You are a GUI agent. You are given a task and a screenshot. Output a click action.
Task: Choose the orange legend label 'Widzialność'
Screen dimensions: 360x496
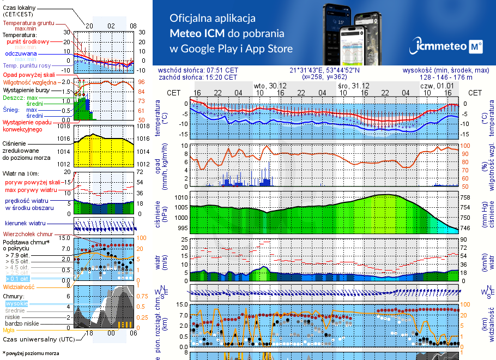(x=19, y=286)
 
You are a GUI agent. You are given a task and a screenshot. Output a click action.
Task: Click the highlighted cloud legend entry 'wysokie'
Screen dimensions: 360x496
(x=16, y=303)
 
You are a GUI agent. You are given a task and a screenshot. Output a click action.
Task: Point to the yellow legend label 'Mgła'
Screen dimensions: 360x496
(x=9, y=329)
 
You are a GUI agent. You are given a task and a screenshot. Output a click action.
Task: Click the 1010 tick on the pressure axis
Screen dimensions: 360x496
(x=182, y=197)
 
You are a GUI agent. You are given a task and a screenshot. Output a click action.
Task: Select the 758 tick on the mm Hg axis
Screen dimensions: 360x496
(x=465, y=197)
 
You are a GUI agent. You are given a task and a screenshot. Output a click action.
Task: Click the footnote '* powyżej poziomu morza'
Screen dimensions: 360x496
(x=31, y=353)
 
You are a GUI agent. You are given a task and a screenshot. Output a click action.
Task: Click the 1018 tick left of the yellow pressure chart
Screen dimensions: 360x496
(x=64, y=126)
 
